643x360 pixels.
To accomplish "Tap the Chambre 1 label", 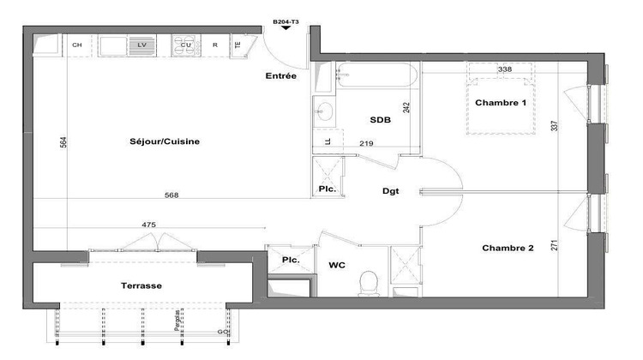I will point(501,103).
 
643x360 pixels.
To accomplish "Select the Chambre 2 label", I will point(508,249).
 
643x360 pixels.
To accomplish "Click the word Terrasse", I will point(141,285).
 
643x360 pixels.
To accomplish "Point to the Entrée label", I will point(281,76).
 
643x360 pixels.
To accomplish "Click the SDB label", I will point(380,120).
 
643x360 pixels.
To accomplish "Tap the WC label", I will point(337,266).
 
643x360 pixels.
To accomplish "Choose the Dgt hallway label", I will point(391,192).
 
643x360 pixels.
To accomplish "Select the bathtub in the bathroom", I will point(377,78).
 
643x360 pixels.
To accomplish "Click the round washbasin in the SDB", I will point(325,111).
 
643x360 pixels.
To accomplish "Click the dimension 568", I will point(171,195).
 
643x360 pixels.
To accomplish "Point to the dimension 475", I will point(149,225).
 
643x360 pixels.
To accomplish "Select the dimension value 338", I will point(505,69).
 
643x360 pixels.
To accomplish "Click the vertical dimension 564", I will point(63,144).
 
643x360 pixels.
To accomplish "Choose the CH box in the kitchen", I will point(77,45).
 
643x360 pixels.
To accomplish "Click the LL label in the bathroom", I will point(328,141).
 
